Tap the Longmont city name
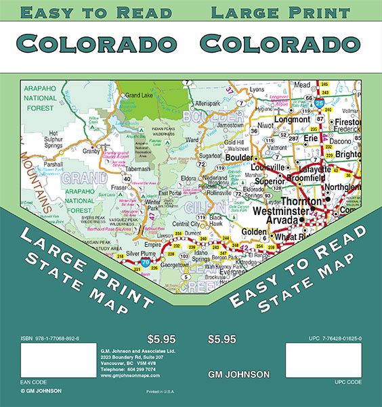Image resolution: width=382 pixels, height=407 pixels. pos(292,120)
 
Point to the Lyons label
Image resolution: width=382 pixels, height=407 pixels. pos(257,89)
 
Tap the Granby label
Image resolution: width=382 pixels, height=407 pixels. pos(91,151)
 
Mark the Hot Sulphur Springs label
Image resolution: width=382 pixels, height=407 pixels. pos(54,140)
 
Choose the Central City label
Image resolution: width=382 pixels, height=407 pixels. pos(186,224)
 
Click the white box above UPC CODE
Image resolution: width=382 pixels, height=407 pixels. pos(324,364)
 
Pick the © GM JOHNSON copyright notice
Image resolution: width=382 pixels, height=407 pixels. pos(41,391)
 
